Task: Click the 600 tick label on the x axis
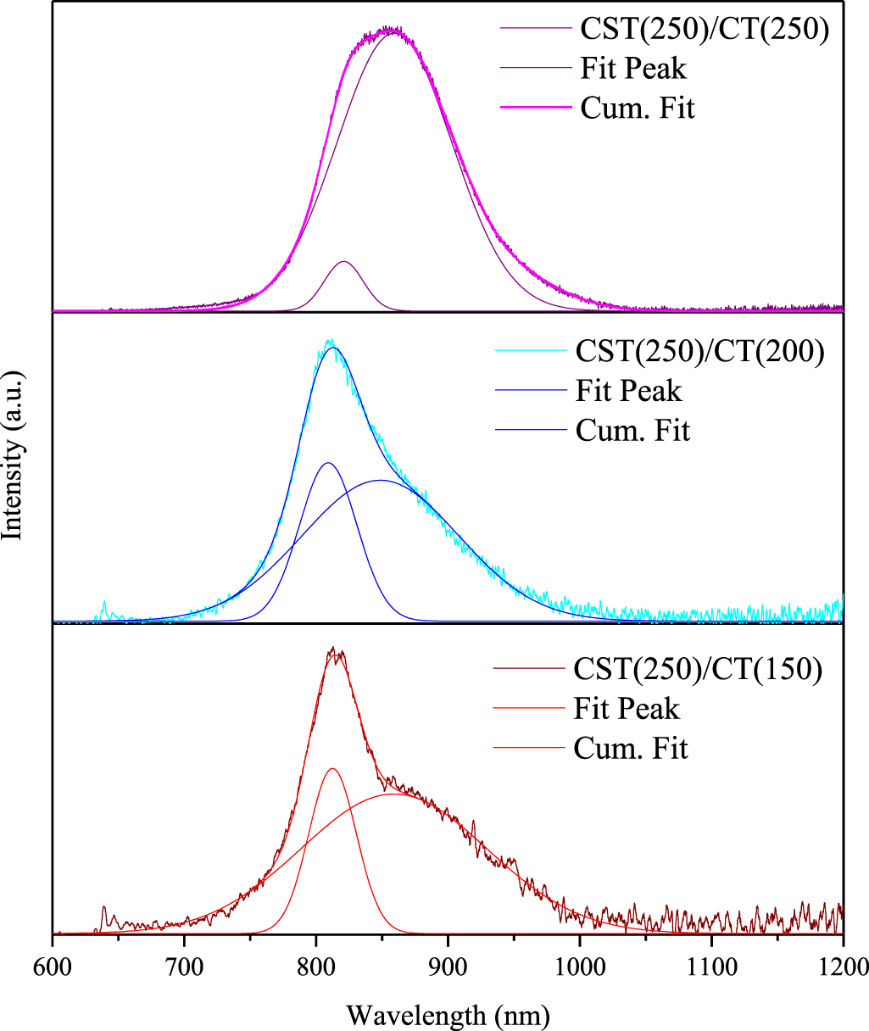(x=53, y=967)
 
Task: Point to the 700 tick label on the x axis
(x=184, y=967)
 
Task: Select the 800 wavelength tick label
(x=316, y=967)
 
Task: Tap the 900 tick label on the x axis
(x=448, y=967)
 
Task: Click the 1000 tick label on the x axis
(x=580, y=967)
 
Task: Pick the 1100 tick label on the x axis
(x=711, y=967)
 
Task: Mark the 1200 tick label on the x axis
(x=842, y=967)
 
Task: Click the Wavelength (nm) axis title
(x=448, y=1012)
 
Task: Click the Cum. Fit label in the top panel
(x=638, y=109)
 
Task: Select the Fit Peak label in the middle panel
(x=628, y=391)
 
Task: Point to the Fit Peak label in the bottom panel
(x=627, y=708)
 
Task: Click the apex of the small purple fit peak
(x=344, y=262)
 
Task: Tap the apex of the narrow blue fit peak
(x=328, y=463)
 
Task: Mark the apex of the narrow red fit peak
(x=332, y=769)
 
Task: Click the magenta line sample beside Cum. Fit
(x=532, y=109)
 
